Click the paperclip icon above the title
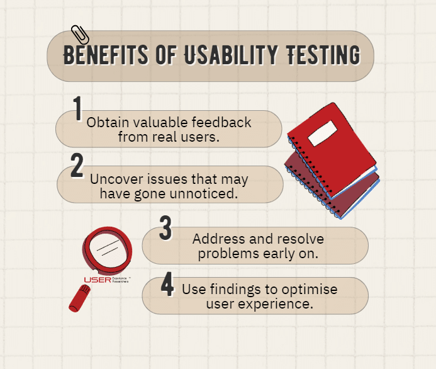click(81, 35)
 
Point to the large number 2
click(77, 166)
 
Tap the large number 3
click(165, 228)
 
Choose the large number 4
click(167, 284)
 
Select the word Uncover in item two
click(111, 179)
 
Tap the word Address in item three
click(216, 239)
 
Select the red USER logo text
click(97, 280)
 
